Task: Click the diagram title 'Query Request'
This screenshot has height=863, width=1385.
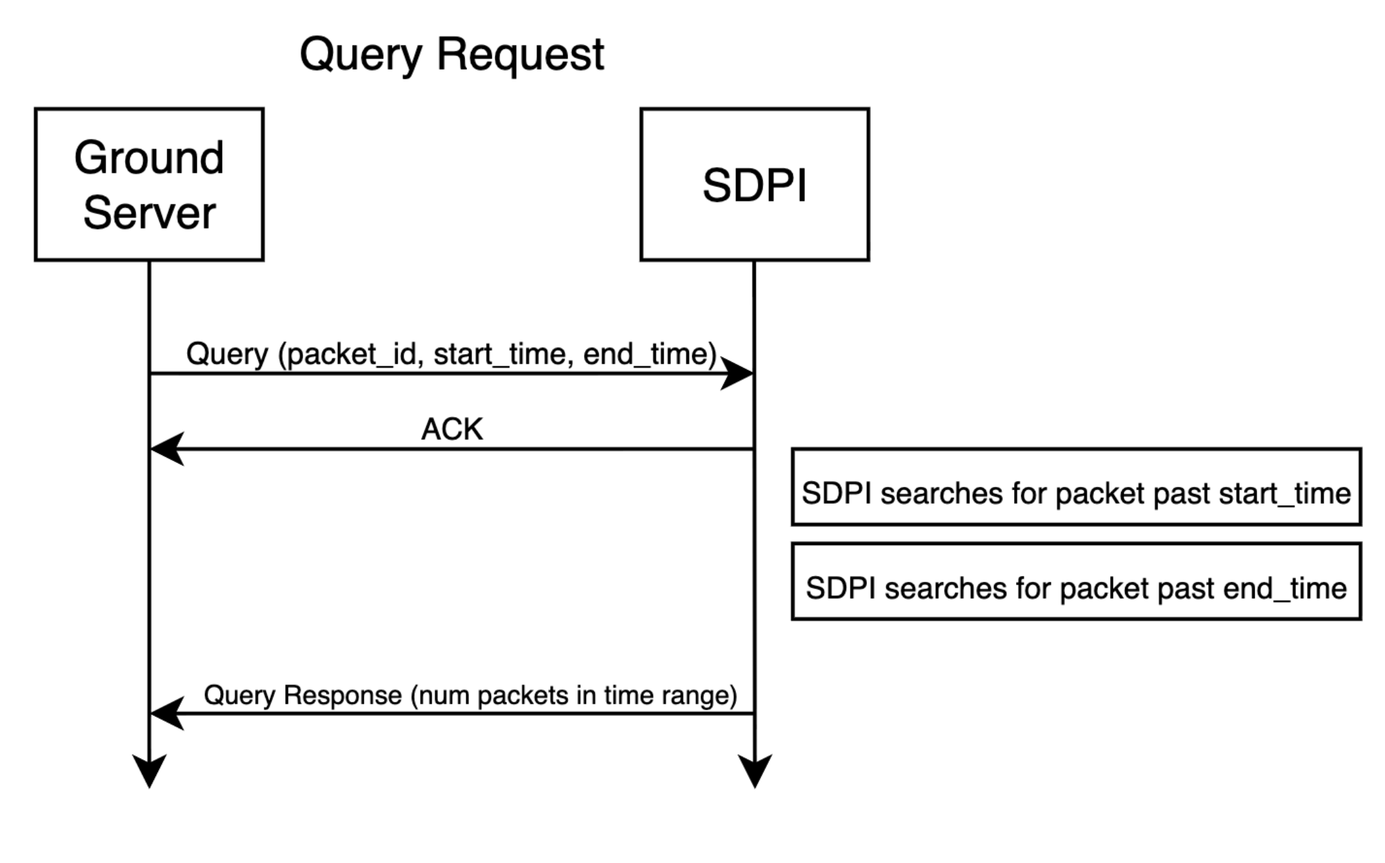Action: pyautogui.click(x=452, y=55)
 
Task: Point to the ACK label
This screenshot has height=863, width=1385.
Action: pyautogui.click(x=452, y=429)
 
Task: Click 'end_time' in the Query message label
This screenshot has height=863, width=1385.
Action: pyautogui.click(x=645, y=354)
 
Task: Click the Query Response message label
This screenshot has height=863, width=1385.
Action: pyautogui.click(x=470, y=695)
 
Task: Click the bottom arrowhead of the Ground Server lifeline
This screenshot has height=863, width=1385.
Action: pyautogui.click(x=149, y=771)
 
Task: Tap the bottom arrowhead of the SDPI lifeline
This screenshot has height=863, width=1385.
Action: pyautogui.click(x=755, y=771)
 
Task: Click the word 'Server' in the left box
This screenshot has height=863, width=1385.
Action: pyautogui.click(x=149, y=213)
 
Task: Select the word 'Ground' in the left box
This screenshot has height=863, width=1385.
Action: pyautogui.click(x=149, y=157)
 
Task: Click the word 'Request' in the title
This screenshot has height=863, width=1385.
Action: pyautogui.click(x=521, y=54)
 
